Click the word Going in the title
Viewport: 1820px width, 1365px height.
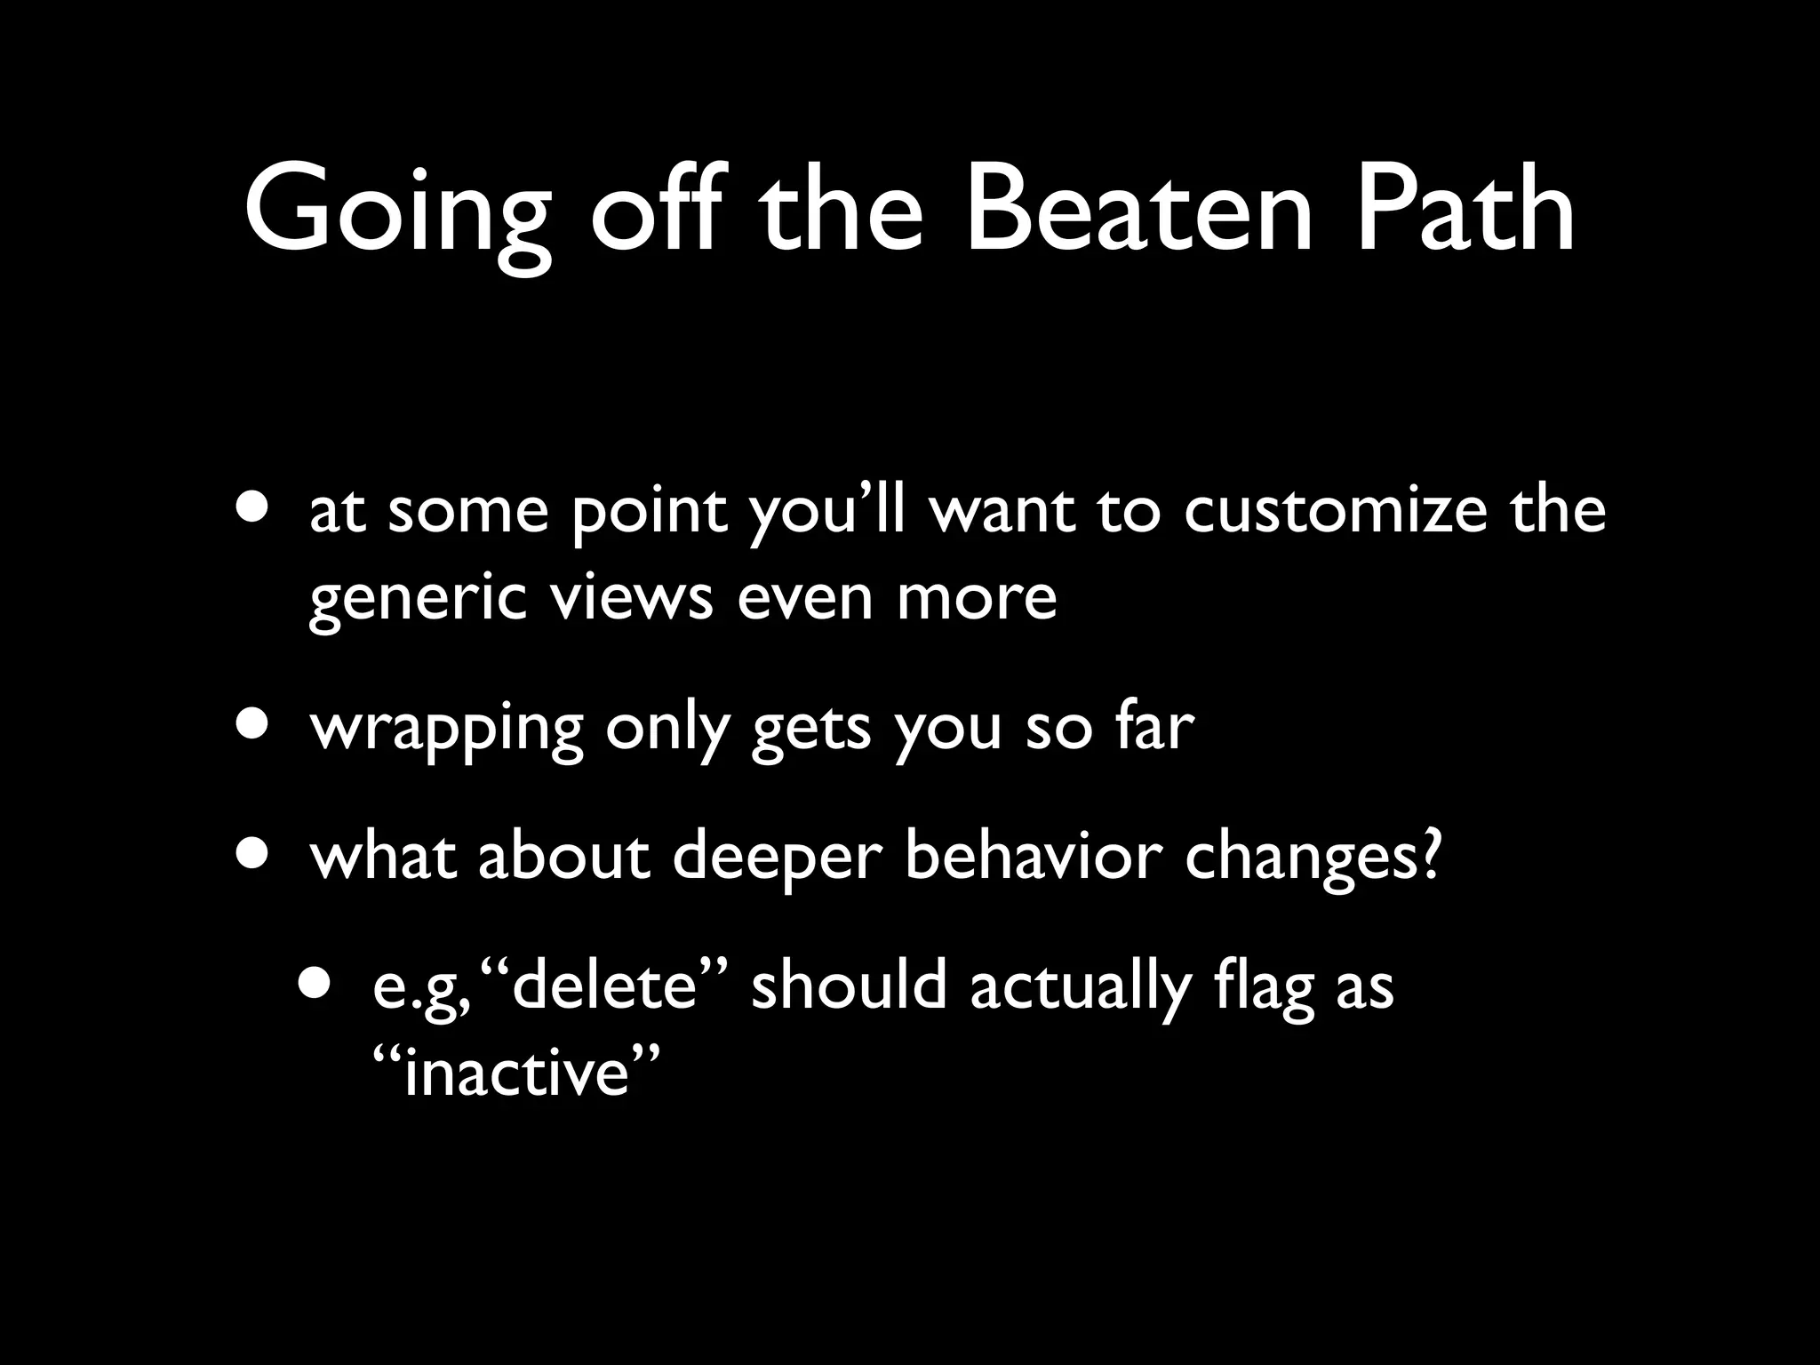point(396,213)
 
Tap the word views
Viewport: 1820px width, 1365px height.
point(630,597)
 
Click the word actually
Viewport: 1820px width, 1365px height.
point(1080,988)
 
